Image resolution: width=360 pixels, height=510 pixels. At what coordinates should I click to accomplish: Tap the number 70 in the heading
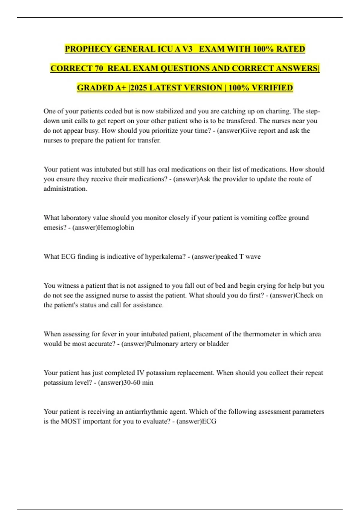coord(99,68)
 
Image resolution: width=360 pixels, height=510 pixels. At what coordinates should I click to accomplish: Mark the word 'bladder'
coord(217,344)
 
